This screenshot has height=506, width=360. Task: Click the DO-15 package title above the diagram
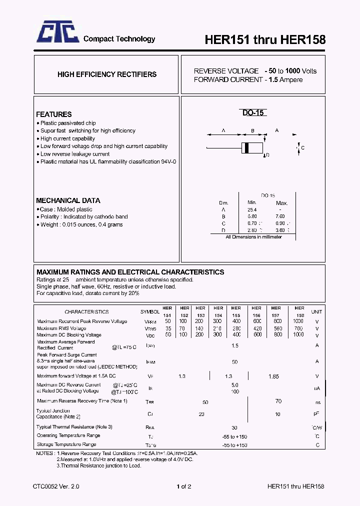pos(253,113)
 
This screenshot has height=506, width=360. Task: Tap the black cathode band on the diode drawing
pos(246,148)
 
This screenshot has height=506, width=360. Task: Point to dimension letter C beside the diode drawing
pos(302,148)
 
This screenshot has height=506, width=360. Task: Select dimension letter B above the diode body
pos(253,131)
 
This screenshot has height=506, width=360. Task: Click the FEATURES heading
pos(54,114)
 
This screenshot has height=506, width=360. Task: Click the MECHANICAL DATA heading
pos(68,200)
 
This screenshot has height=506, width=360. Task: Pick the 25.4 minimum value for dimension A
pos(251,210)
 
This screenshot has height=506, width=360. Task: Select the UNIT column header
pos(316,311)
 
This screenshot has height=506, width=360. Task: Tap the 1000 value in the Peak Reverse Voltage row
pos(298,321)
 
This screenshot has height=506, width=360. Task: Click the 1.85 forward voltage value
pos(274,376)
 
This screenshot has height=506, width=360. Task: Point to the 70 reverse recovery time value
pos(278,401)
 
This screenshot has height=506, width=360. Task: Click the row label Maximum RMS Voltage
pos(61,328)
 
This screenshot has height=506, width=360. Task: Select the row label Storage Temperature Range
pos(66,444)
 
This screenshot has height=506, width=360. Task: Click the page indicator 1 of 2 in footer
pos(183,486)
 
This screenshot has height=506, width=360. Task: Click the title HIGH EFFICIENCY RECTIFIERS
pos(107,74)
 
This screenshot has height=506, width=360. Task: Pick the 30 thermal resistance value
pos(234,427)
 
